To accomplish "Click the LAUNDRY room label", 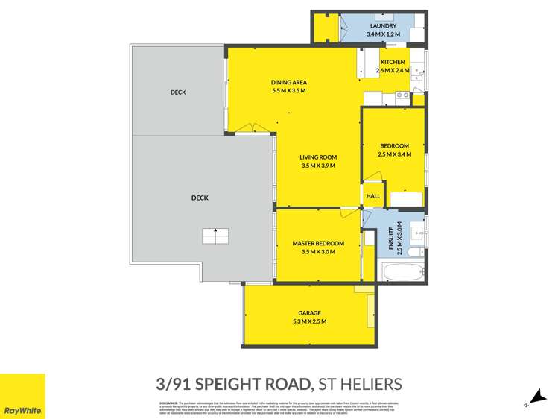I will coord(383,26).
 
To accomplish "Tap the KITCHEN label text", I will coord(393,62).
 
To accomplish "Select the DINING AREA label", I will coord(289,82).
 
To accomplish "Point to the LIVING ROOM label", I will coord(318,157).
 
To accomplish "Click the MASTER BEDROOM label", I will coord(318,244).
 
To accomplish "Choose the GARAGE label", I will coord(309,313).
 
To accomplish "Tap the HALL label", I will coord(373,196).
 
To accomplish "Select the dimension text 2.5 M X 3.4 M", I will coord(395,154).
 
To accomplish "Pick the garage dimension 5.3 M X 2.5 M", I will coord(309,321).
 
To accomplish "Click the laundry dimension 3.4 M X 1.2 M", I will coord(383,34).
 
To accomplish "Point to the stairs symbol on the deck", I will coord(215,236).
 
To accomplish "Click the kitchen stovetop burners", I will coord(402,95).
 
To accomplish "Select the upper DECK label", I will coord(177,92).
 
